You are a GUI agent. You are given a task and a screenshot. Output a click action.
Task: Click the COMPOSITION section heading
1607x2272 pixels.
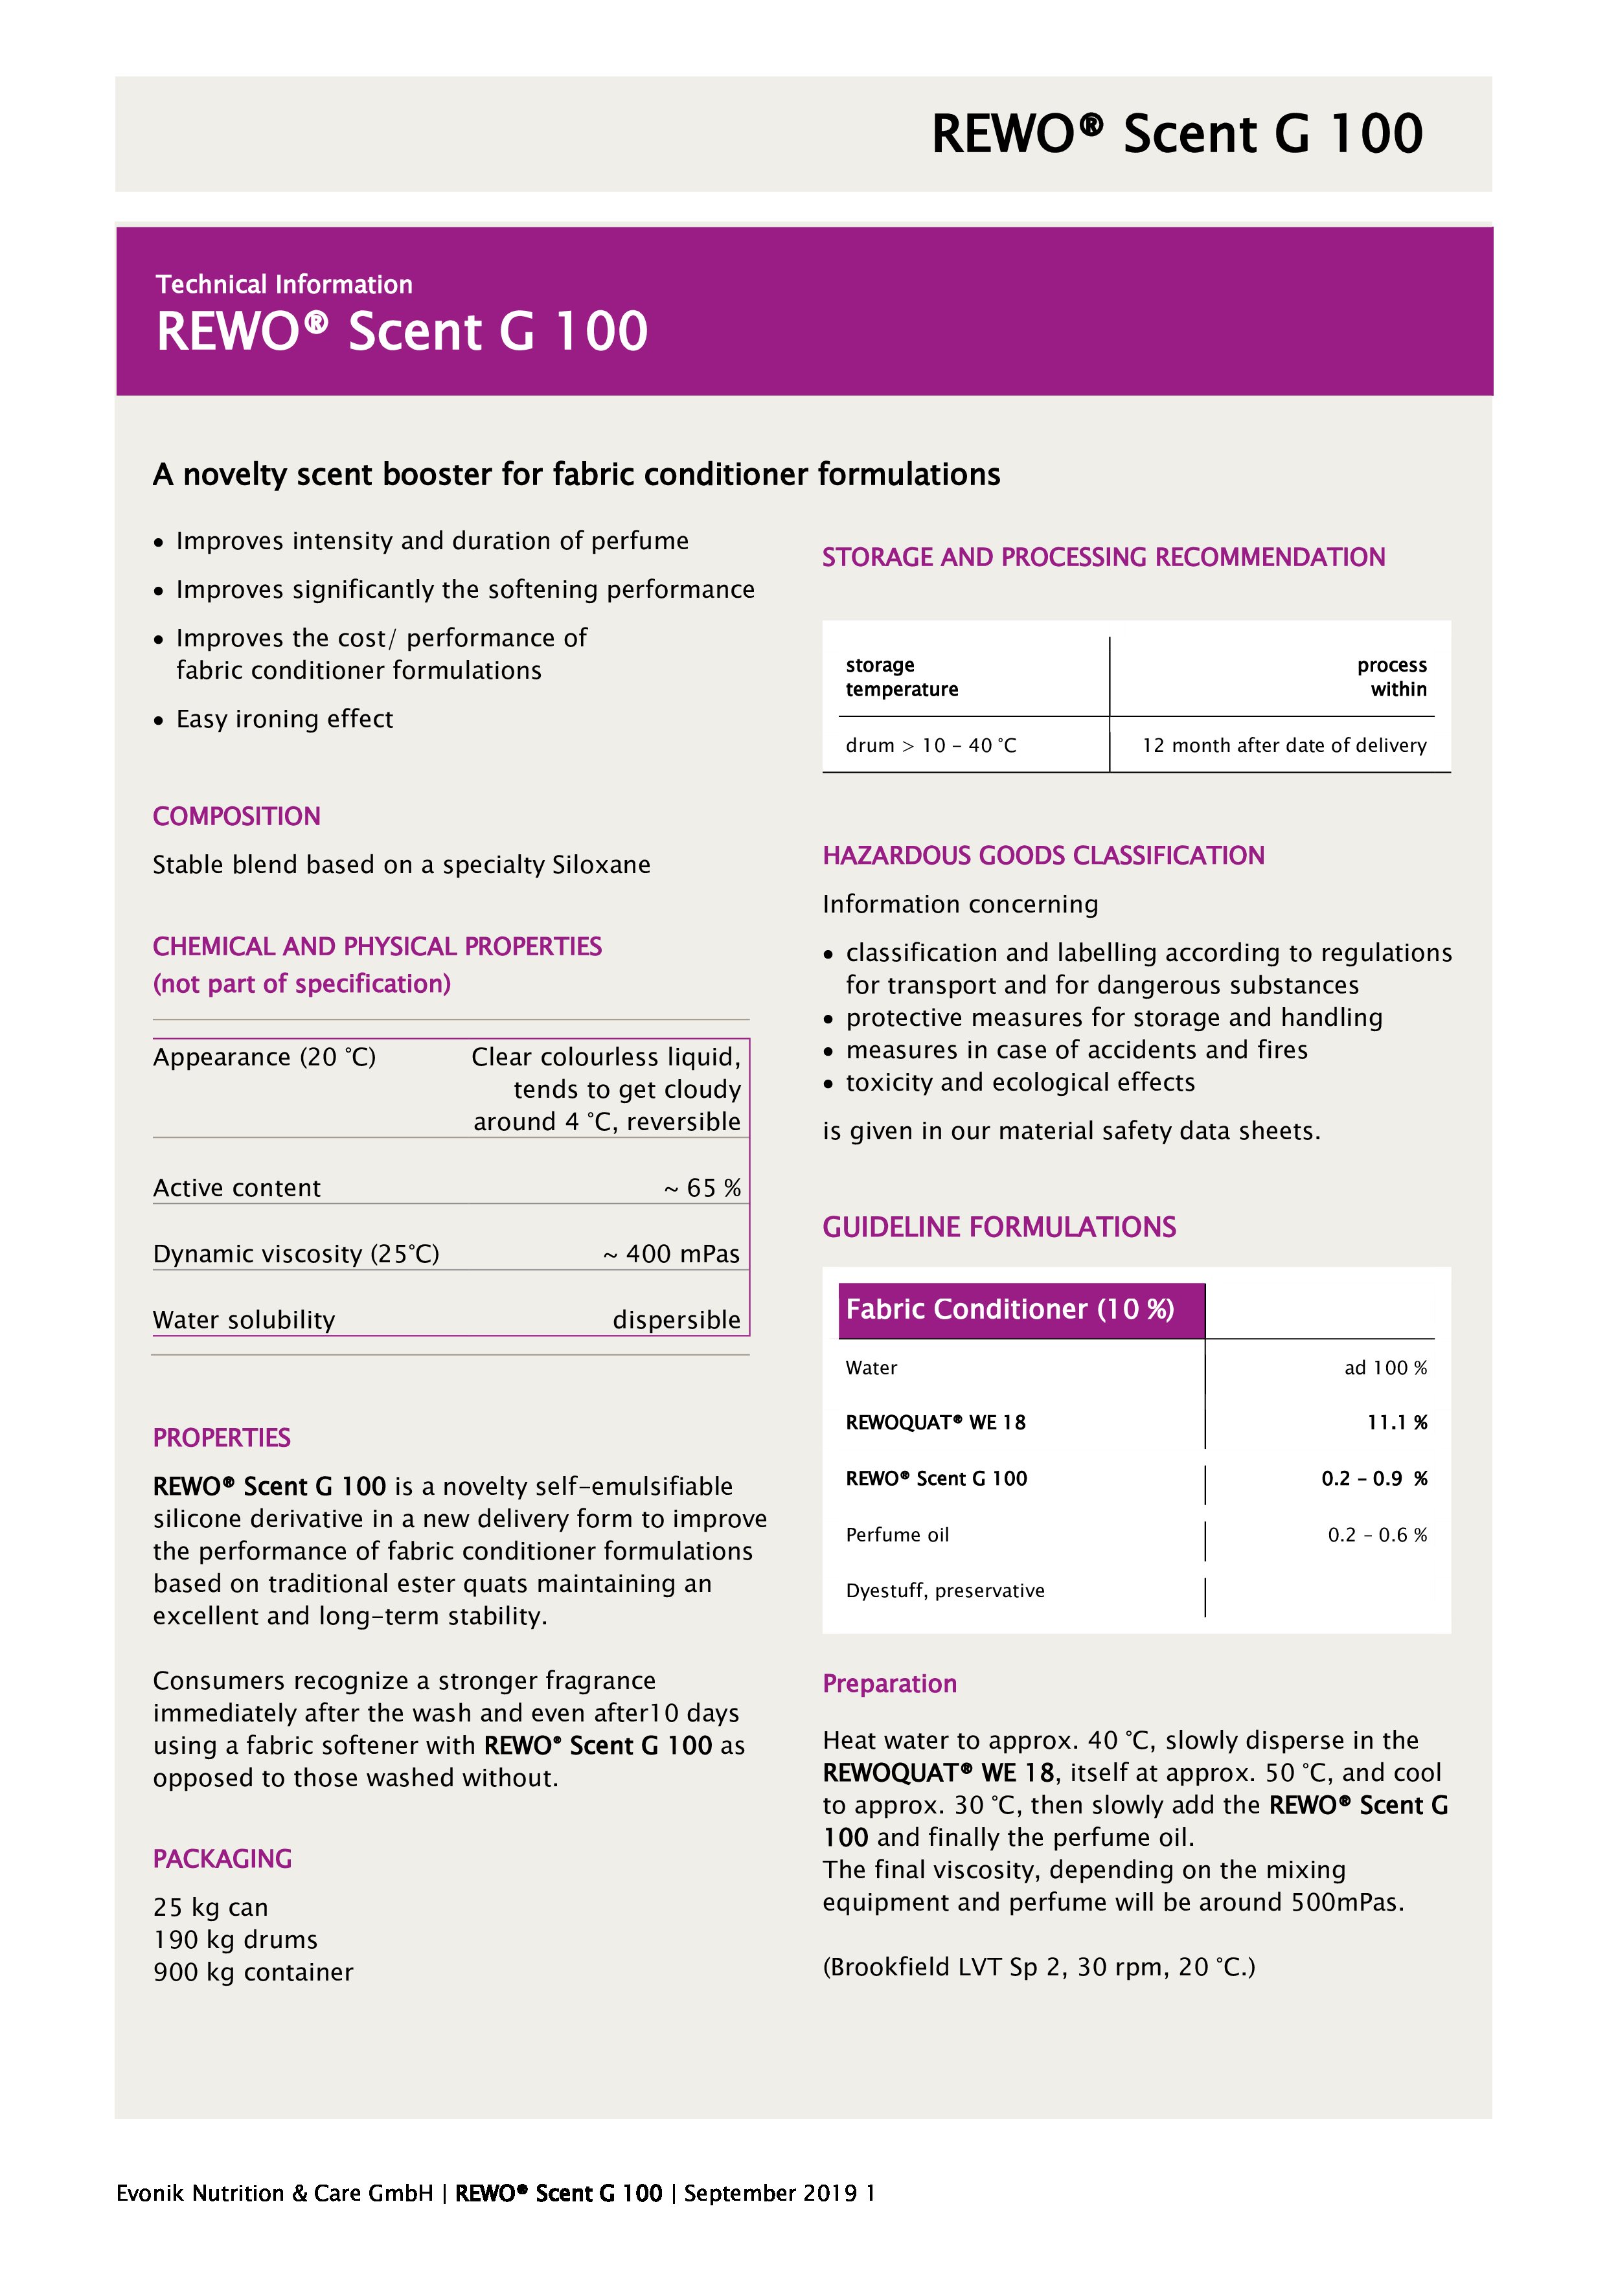pyautogui.click(x=236, y=816)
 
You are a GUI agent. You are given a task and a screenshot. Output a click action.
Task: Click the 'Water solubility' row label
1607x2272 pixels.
pyautogui.click(x=244, y=1320)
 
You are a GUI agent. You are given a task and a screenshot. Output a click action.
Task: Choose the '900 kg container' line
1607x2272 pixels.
pyautogui.click(x=253, y=1972)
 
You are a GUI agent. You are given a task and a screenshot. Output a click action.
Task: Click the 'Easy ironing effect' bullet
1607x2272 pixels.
pyautogui.click(x=284, y=720)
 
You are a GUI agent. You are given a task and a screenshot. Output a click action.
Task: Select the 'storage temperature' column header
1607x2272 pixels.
pyautogui.click(x=902, y=677)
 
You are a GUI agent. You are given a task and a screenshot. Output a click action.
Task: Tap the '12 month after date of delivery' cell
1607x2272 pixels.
pyautogui.click(x=1283, y=745)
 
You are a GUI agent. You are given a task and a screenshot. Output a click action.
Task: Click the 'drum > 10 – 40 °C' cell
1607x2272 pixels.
pyautogui.click(x=930, y=745)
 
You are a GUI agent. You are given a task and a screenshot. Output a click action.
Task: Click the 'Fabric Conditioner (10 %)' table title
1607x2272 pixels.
pyautogui.click(x=1009, y=1309)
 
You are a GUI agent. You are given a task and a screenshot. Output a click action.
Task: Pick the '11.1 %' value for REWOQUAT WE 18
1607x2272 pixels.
pyautogui.click(x=1396, y=1423)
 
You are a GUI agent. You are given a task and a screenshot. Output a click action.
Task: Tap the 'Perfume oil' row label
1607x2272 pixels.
pyautogui.click(x=896, y=1535)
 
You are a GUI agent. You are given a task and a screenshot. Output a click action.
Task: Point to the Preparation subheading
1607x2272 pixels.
pyautogui.click(x=889, y=1684)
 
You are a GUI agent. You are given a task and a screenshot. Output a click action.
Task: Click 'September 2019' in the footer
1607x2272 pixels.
pyautogui.click(x=770, y=2193)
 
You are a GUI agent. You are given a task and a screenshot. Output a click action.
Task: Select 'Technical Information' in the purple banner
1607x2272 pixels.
pyautogui.click(x=284, y=285)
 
